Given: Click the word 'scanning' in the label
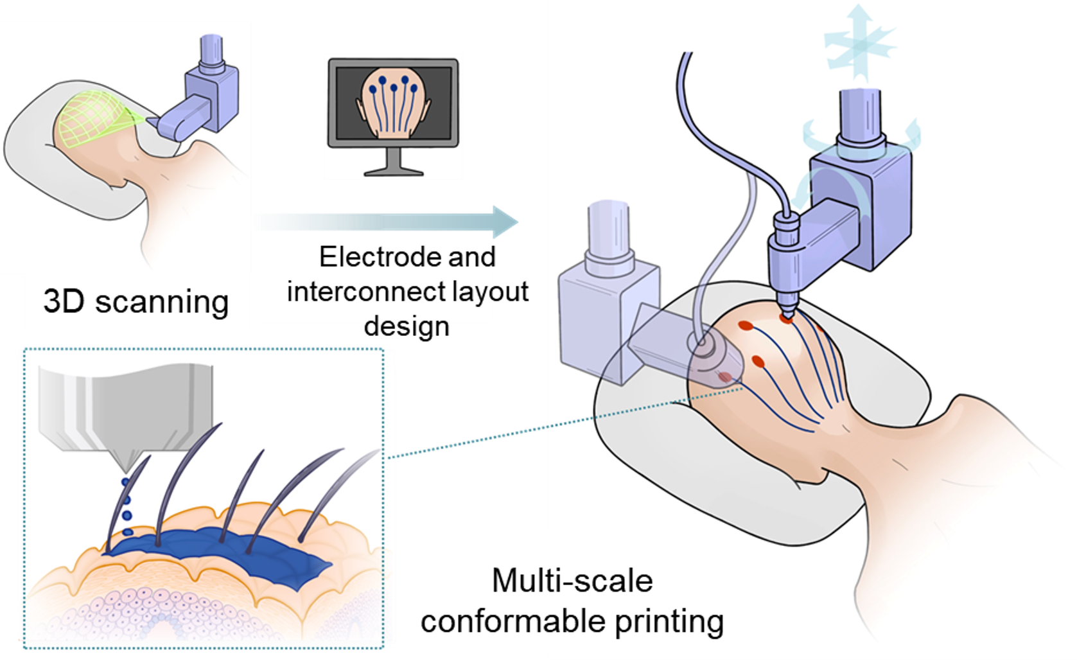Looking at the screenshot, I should (x=162, y=302).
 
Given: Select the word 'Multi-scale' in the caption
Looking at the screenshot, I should (x=572, y=581).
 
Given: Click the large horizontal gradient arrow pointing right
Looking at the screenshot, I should (x=385, y=222).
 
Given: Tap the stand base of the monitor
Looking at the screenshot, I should (x=394, y=171).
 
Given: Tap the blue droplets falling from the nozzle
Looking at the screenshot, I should (x=127, y=507).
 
